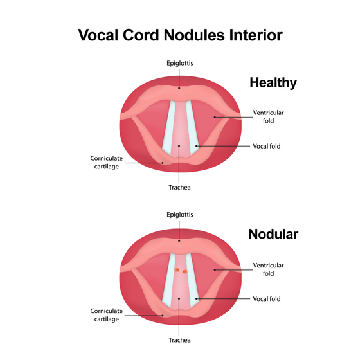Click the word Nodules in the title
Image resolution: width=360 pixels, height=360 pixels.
tap(194, 35)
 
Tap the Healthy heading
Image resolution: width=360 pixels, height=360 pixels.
tap(273, 83)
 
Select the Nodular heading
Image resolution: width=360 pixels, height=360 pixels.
tap(273, 234)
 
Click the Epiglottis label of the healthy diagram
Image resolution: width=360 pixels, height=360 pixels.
tap(180, 64)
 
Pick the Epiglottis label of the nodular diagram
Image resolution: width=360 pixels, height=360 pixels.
tap(180, 215)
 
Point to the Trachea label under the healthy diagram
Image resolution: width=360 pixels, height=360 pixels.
tap(179, 188)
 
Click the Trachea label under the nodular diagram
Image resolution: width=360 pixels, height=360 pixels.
tap(179, 340)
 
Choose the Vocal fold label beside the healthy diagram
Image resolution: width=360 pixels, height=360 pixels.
tap(267, 146)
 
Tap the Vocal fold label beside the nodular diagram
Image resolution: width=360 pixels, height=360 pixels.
tap(267, 299)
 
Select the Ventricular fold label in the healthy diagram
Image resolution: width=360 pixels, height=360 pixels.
tap(268, 116)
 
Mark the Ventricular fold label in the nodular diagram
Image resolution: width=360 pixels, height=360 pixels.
tap(268, 269)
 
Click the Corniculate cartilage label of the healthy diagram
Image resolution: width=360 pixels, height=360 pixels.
tap(106, 162)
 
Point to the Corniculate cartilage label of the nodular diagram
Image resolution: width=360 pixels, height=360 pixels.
tap(106, 315)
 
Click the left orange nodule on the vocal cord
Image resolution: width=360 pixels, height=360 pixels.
tap(177, 270)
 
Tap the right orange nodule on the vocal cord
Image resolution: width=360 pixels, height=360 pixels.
tap(184, 271)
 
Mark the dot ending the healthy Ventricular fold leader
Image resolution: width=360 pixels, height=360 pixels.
tap(215, 117)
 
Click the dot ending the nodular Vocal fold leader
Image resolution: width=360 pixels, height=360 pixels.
tap(196, 298)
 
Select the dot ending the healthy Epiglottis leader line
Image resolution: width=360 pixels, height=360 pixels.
tap(179, 88)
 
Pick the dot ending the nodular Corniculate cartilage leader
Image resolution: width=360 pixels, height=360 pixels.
tap(163, 316)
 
